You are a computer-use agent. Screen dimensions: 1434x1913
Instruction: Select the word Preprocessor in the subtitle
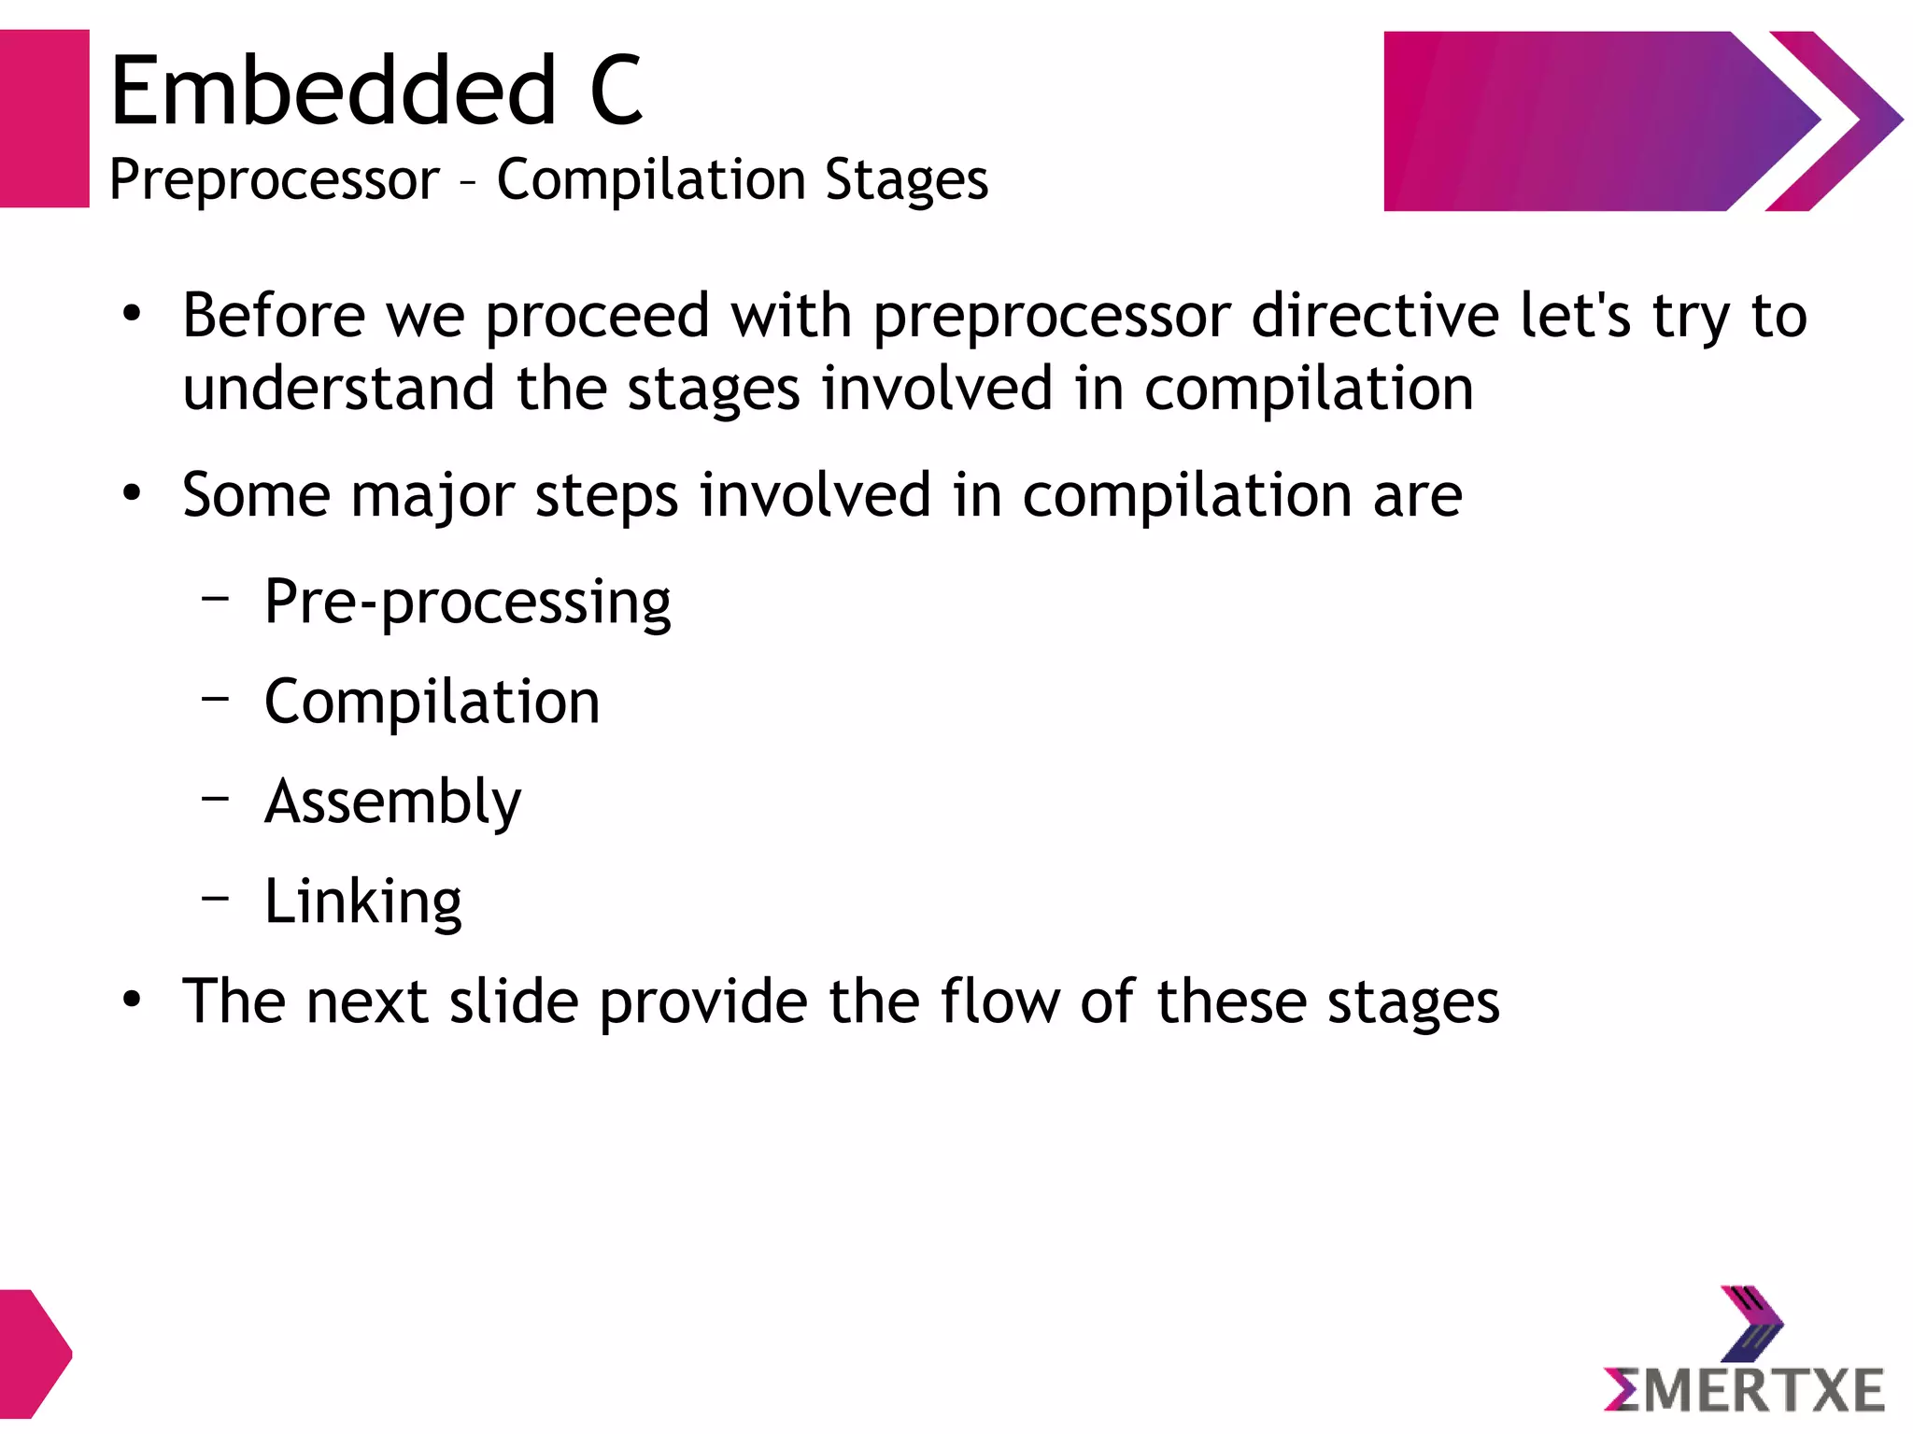(274, 179)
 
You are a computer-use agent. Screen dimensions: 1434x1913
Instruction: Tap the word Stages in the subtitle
(906, 179)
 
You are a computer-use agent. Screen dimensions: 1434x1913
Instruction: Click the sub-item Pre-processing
(467, 603)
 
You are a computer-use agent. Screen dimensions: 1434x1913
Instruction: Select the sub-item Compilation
(432, 702)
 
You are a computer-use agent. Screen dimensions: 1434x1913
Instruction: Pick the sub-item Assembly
(392, 802)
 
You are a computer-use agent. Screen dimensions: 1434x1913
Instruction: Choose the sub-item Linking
(362, 902)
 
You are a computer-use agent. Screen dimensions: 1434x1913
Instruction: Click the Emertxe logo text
(1744, 1390)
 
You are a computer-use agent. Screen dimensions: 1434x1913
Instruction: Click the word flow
(999, 1001)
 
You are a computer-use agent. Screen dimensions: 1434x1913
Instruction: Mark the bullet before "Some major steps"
(132, 493)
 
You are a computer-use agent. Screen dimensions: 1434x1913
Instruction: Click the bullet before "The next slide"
(132, 1001)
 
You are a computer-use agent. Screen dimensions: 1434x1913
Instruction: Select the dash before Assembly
(216, 798)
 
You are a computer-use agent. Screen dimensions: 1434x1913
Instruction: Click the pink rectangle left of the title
(44, 119)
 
